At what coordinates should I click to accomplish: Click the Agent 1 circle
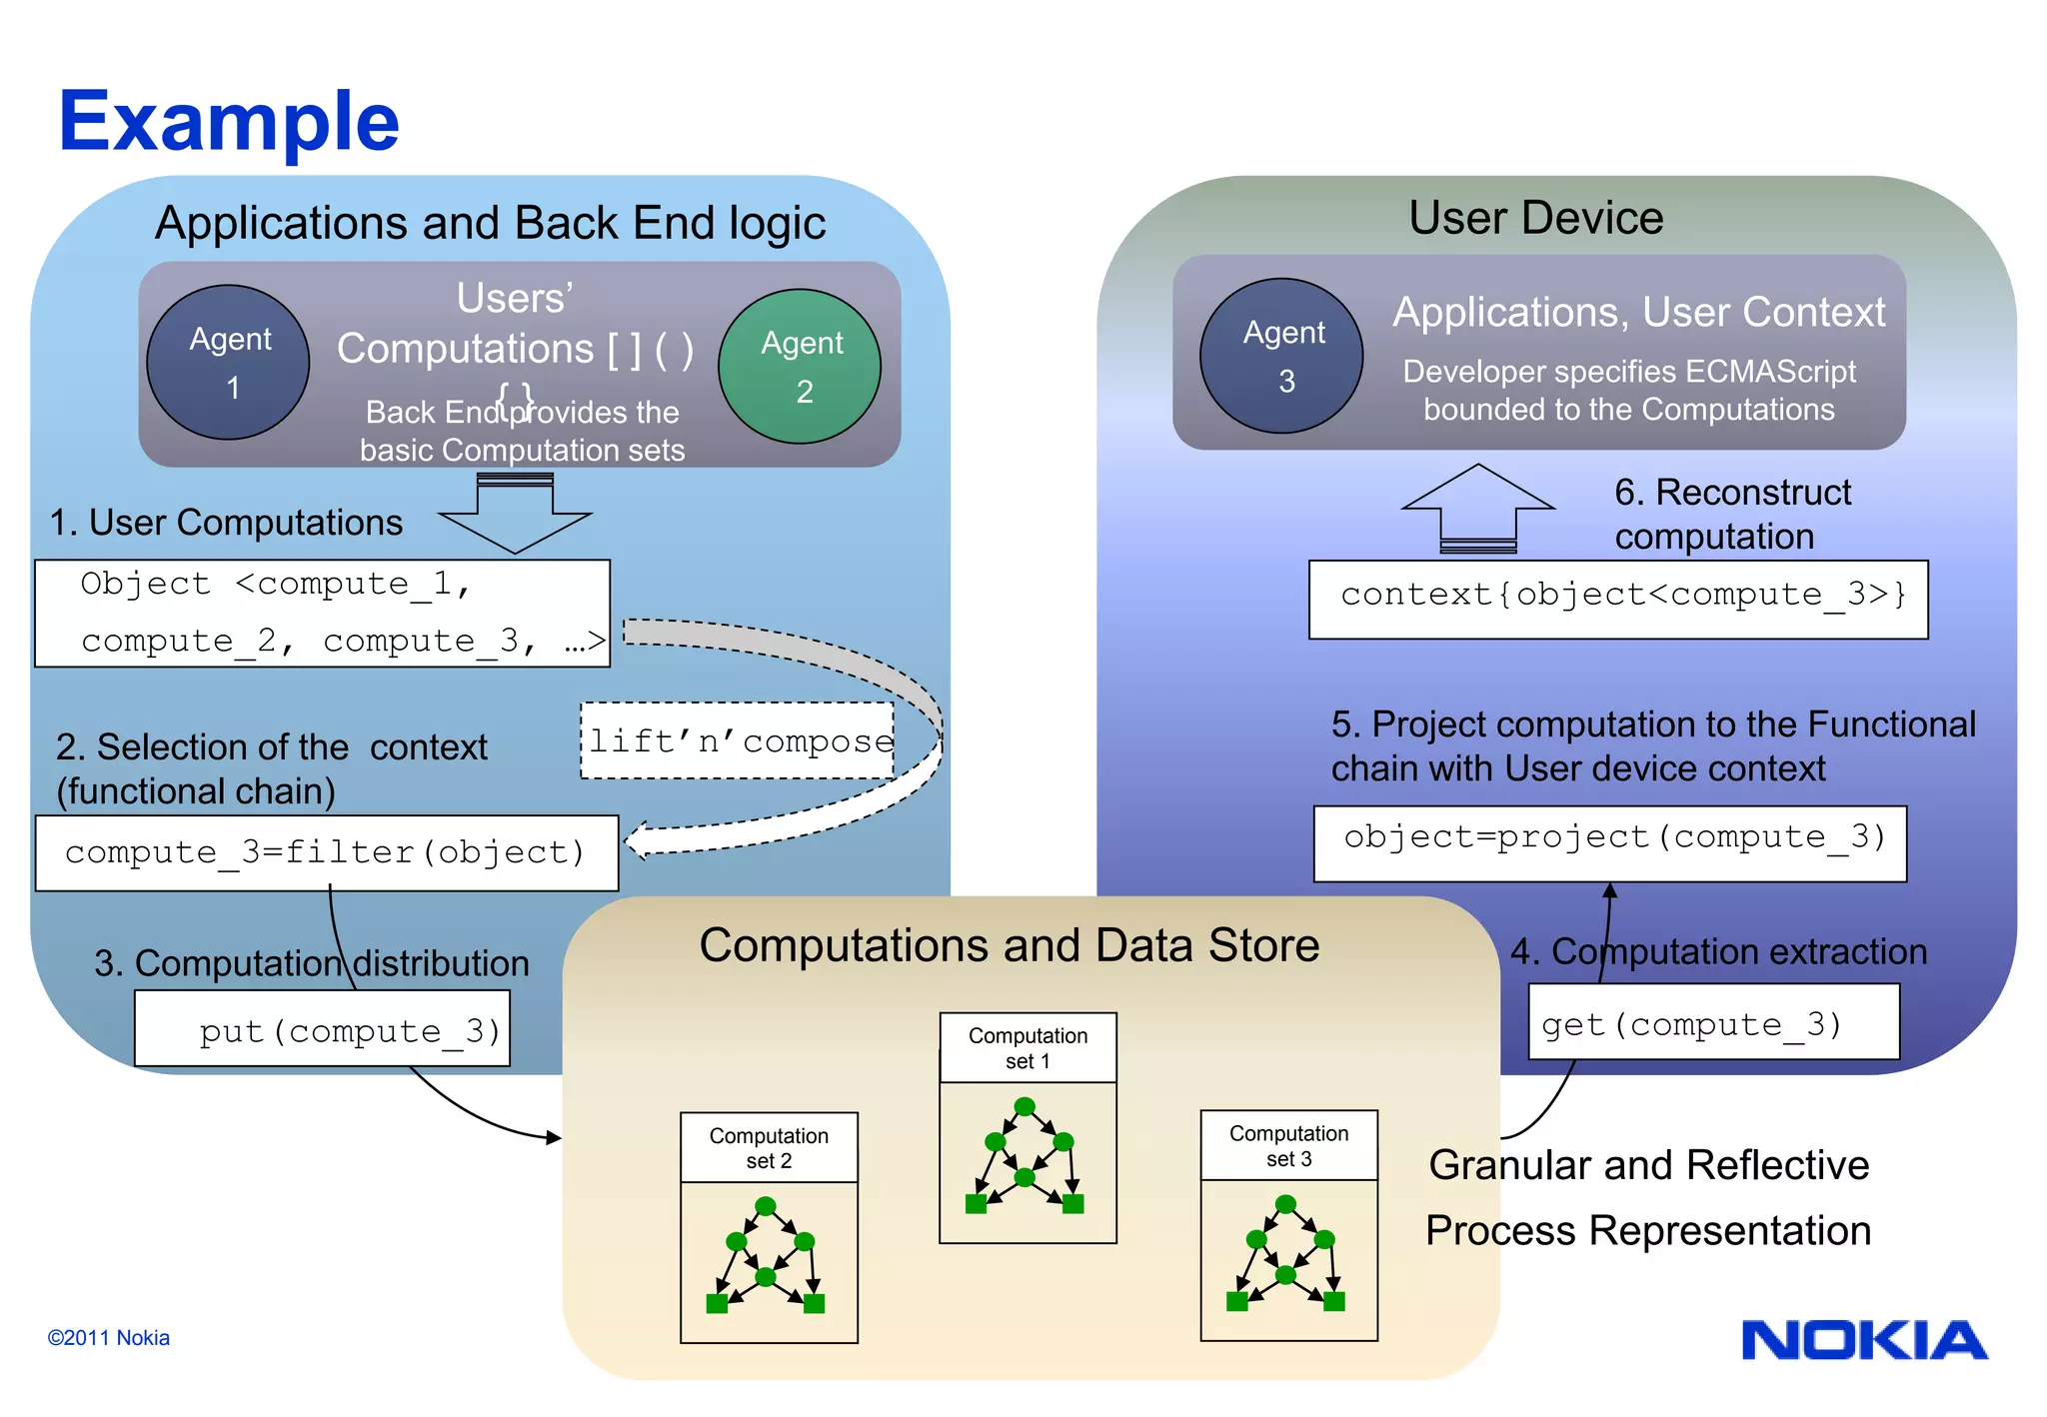[228, 363]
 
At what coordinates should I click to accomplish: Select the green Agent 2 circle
[800, 367]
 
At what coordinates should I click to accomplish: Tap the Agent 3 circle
[1281, 356]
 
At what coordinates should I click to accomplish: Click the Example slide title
[229, 121]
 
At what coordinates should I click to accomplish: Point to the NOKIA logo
[1864, 1340]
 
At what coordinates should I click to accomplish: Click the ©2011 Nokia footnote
[108, 1337]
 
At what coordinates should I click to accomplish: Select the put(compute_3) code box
[323, 1028]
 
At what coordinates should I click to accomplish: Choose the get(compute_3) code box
[1713, 1022]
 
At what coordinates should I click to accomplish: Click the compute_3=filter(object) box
[327, 852]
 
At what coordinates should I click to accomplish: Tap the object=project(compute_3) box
[1609, 843]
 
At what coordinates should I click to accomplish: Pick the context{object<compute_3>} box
[1618, 599]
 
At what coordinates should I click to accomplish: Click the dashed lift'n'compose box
[738, 740]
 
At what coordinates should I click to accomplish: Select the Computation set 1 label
[1027, 1048]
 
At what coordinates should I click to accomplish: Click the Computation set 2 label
[769, 1148]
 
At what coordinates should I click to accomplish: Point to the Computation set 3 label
[1288, 1146]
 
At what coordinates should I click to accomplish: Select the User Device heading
[1535, 218]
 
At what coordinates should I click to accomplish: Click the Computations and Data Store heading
[1009, 945]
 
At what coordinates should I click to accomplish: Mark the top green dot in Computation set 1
[1024, 1106]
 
